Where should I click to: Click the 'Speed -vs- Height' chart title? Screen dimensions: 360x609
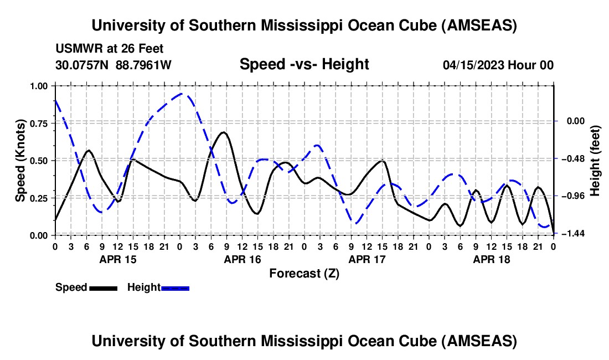tap(304, 64)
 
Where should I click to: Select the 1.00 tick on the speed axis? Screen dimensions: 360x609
tap(38, 86)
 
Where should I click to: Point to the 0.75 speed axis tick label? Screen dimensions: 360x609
tap(38, 124)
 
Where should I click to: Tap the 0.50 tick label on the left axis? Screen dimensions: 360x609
tap(38, 161)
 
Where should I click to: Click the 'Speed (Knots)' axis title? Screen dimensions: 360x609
tap(20, 161)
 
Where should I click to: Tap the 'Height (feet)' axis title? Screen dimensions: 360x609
tap(596, 161)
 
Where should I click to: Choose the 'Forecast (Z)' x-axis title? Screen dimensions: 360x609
tap(304, 273)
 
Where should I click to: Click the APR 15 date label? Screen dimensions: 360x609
tap(117, 259)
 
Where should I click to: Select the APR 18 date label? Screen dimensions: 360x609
tap(491, 259)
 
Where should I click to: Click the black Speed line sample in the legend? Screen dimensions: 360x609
tap(102, 287)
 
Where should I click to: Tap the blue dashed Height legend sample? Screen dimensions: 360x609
tap(175, 287)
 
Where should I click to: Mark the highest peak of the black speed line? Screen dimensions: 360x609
tap(223, 132)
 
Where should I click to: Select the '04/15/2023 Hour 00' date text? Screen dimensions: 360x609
tap(498, 65)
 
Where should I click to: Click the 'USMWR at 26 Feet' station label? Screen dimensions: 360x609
tap(110, 49)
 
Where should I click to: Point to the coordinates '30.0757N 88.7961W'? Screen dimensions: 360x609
tap(114, 65)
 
